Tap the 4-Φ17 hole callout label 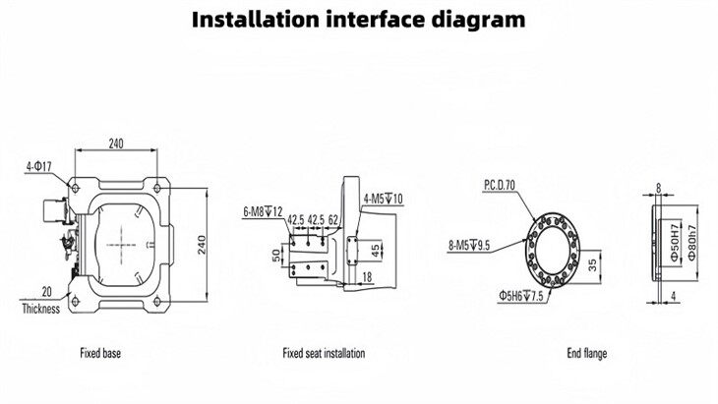[40, 166]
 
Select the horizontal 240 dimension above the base [117, 144]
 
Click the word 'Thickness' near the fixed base [40, 309]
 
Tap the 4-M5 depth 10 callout [387, 200]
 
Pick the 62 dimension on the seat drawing [334, 218]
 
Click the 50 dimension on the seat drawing [275, 255]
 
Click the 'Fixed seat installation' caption [325, 351]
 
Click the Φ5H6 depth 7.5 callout [517, 294]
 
